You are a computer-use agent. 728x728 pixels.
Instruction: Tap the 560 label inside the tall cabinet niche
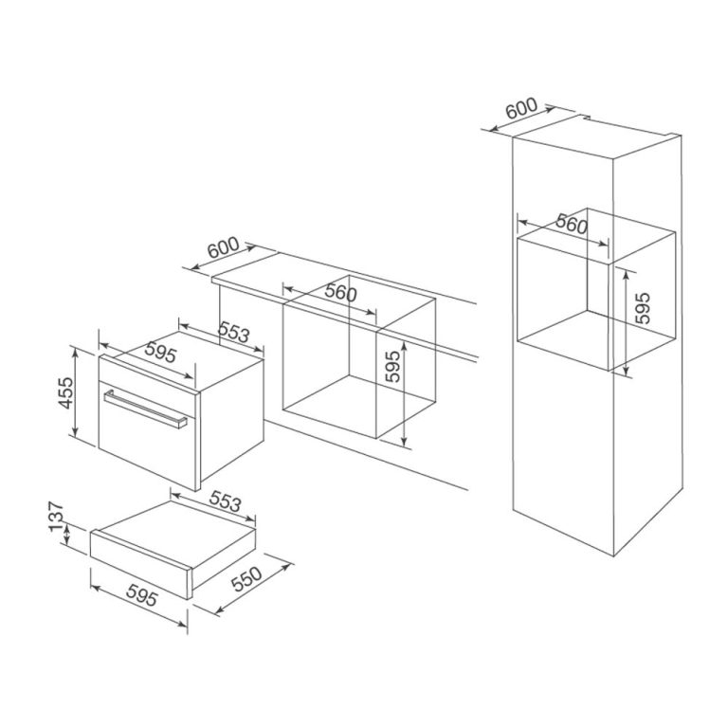pos(571,226)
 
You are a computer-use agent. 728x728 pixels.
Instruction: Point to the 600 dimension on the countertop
pos(224,248)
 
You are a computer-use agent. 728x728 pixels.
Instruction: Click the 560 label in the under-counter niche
pos(340,294)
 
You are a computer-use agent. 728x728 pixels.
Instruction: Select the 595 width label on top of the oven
pos(163,355)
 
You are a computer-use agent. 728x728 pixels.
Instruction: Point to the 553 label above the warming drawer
pos(223,502)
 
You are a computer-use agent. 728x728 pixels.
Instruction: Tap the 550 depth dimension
pos(246,583)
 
